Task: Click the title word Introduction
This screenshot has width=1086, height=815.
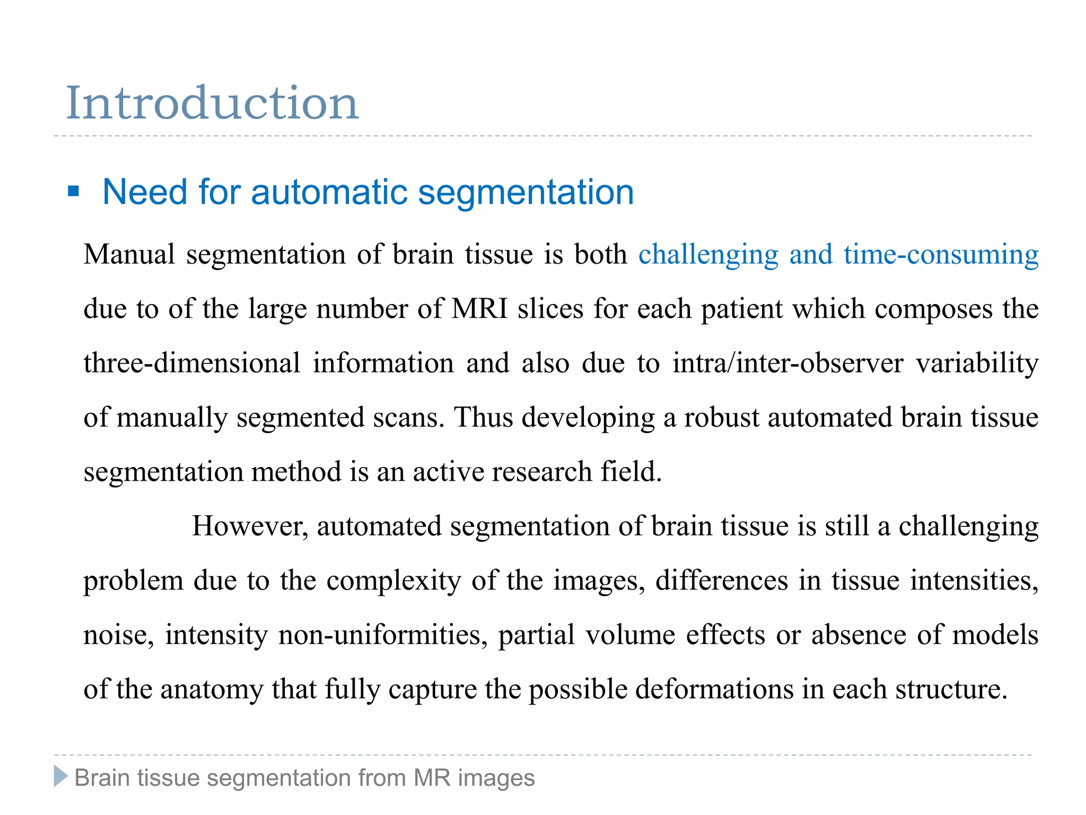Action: tap(212, 103)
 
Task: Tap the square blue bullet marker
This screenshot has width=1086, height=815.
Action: tap(74, 191)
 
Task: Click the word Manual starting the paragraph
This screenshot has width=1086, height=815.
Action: tap(129, 254)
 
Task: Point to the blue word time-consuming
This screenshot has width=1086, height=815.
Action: tap(941, 254)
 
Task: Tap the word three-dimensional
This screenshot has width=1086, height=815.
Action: tap(192, 363)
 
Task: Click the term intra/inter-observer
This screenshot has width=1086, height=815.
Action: tap(787, 363)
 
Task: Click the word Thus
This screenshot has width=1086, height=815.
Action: tap(483, 418)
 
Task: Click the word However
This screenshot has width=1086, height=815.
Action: tap(249, 526)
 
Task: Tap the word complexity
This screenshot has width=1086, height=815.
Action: tap(393, 581)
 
